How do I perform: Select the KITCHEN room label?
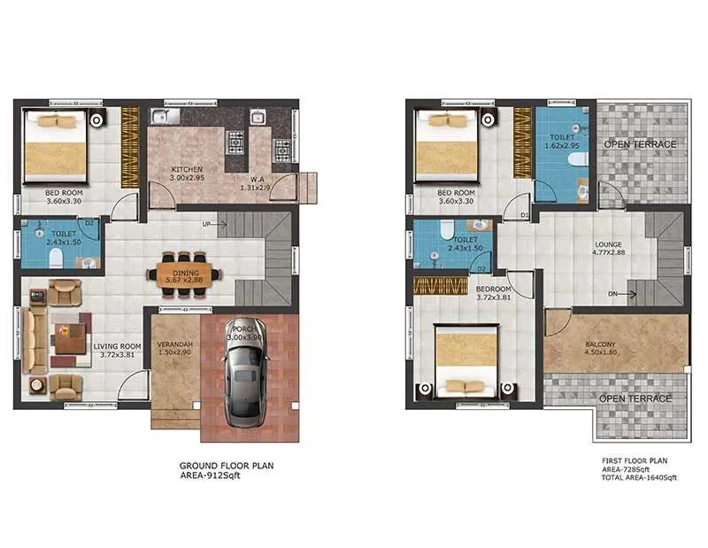[188, 168]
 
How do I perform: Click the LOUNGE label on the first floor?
[607, 244]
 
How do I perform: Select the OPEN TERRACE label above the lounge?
[640, 144]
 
